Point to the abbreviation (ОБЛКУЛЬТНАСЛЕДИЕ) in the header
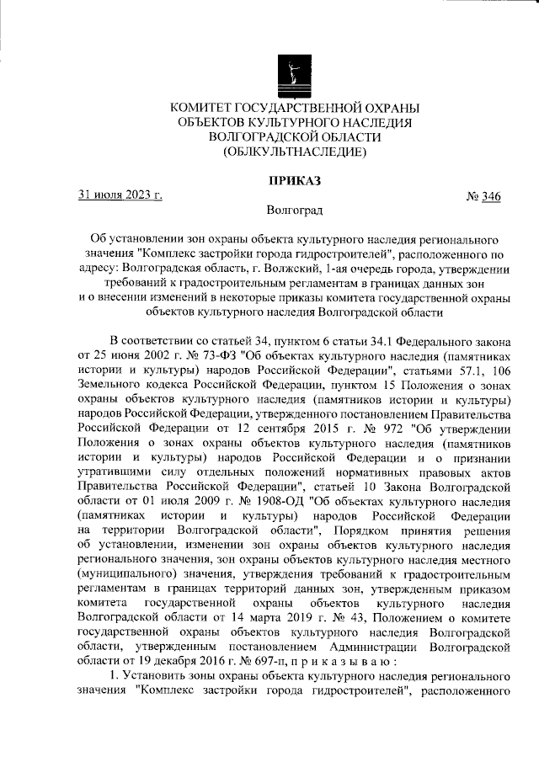pyautogui.click(x=294, y=152)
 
